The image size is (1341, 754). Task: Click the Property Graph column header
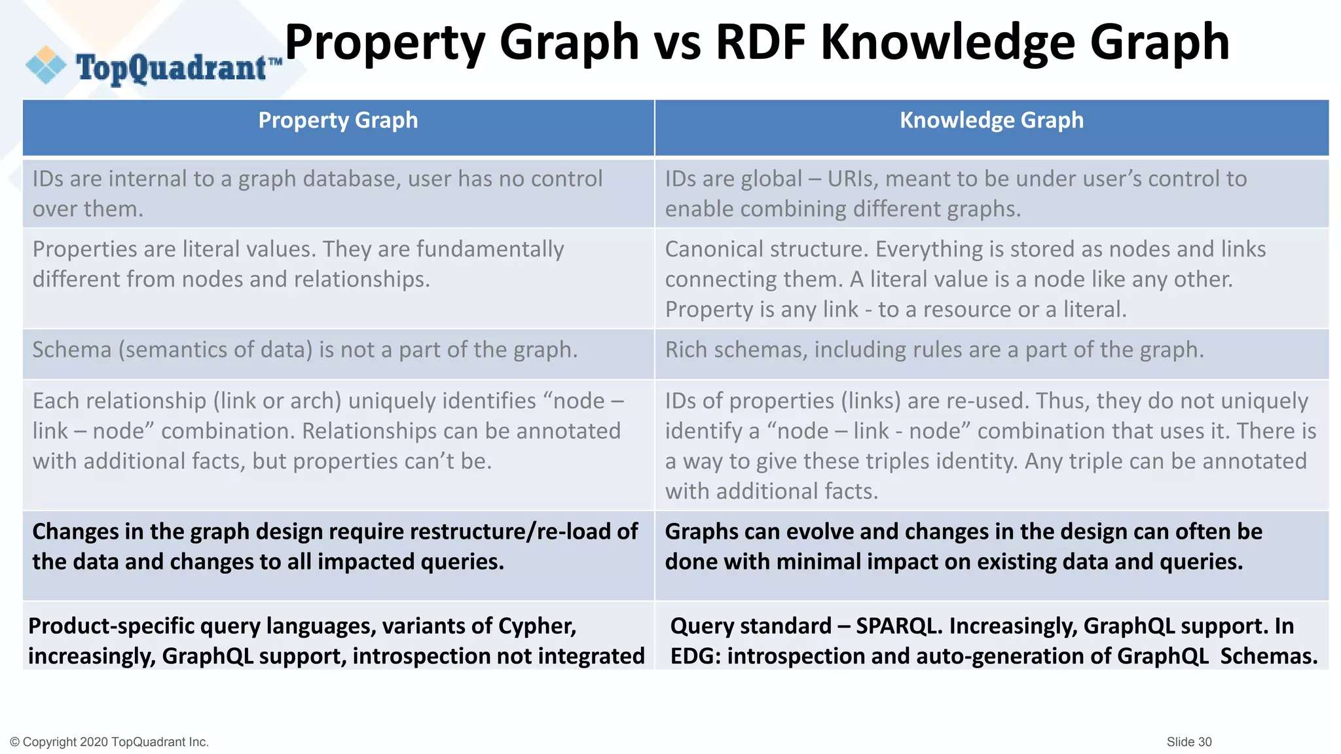[x=338, y=120]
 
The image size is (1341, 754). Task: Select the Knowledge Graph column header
[x=991, y=120]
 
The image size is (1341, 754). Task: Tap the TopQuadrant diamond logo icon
[x=46, y=65]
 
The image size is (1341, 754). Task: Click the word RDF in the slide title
[x=760, y=42]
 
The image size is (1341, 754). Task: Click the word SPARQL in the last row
[x=898, y=626]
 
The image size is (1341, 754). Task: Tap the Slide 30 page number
[x=1188, y=742]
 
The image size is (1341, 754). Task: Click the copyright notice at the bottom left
[x=109, y=742]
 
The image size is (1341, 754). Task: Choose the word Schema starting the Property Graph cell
[x=72, y=350]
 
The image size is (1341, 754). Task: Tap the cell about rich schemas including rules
[x=934, y=350]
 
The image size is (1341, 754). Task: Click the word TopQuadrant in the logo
[x=172, y=68]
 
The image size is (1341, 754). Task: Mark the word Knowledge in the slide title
[x=948, y=42]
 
